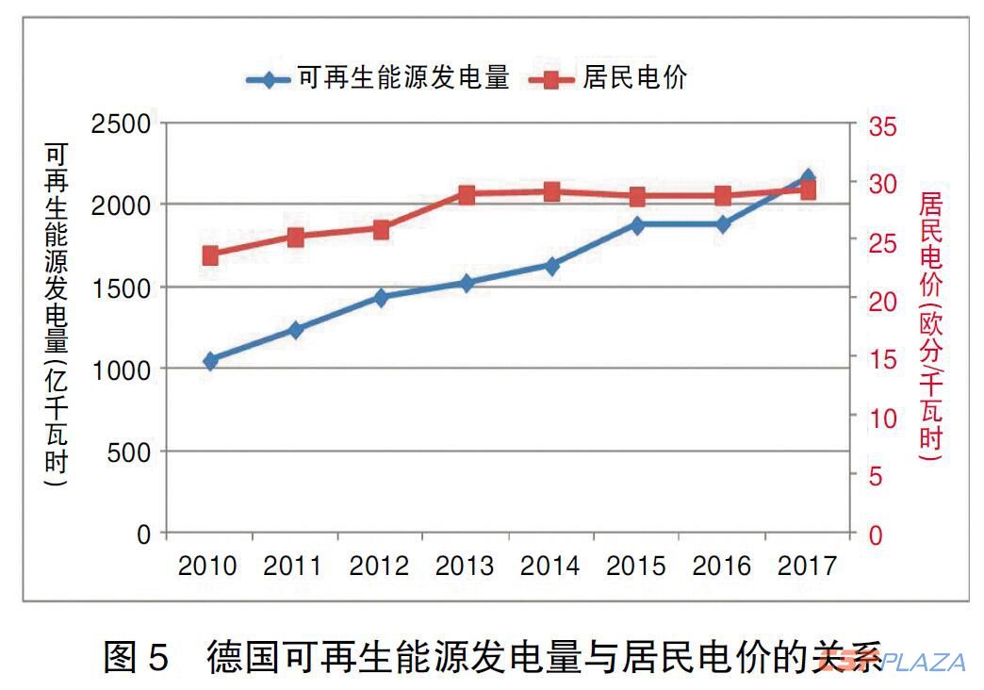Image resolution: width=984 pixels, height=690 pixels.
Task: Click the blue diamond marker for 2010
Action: tap(210, 361)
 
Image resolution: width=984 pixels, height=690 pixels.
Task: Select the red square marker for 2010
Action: tap(210, 255)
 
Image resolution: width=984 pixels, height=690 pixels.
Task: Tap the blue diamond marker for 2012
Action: tap(381, 298)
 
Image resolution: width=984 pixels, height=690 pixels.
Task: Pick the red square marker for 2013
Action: tap(467, 195)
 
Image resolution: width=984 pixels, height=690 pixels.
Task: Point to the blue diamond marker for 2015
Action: tap(637, 225)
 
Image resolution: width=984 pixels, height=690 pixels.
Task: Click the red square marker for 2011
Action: tap(296, 238)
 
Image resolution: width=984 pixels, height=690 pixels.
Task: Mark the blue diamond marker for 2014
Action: tap(551, 266)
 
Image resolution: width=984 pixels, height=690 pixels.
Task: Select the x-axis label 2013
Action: tap(465, 567)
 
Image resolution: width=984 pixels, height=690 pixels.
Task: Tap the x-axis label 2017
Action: tap(808, 567)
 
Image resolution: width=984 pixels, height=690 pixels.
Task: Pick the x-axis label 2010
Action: tap(208, 567)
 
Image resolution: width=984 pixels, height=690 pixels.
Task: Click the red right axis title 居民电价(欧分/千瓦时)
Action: tap(931, 325)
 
